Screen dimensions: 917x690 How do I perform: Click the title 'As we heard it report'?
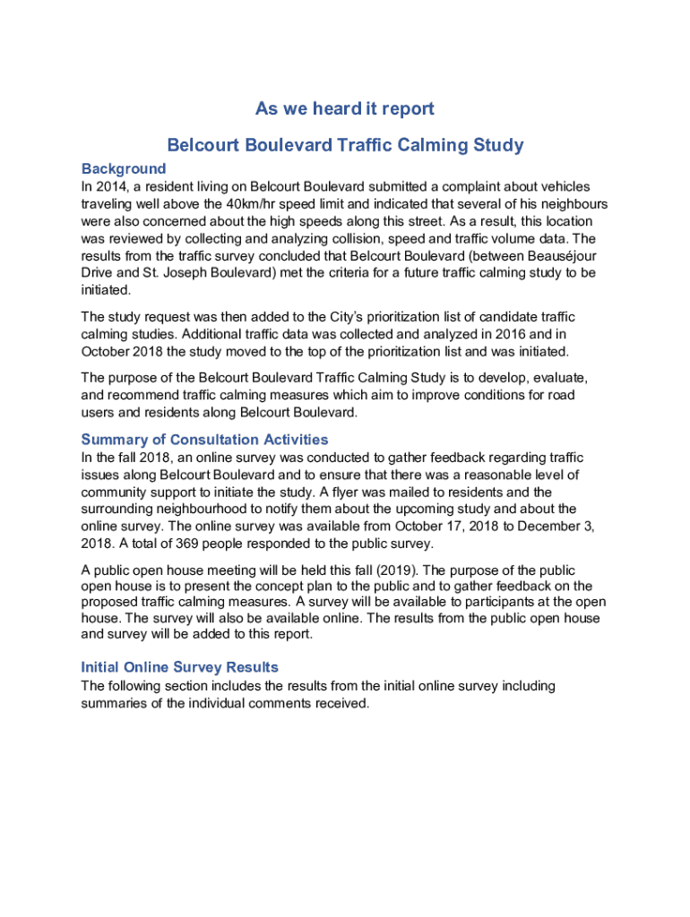click(345, 109)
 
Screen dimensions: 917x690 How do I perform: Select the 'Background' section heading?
click(124, 168)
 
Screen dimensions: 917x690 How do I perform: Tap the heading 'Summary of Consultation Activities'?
click(204, 440)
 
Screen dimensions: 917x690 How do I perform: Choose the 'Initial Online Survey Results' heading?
click(179, 667)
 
